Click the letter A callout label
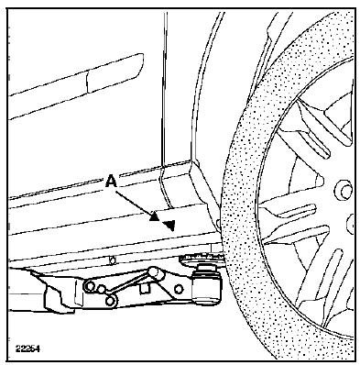(x=111, y=182)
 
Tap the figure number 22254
(x=27, y=348)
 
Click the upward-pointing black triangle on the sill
(x=155, y=216)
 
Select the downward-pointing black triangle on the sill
(x=169, y=226)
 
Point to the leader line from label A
(x=133, y=203)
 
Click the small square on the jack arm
(x=145, y=288)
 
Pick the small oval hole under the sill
(x=113, y=260)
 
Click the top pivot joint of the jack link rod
(x=156, y=272)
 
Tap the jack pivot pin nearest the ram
(x=179, y=289)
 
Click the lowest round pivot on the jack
(x=110, y=301)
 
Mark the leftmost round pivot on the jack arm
(x=90, y=286)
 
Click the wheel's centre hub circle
(x=345, y=192)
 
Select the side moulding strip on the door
(x=76, y=86)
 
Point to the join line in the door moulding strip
(x=87, y=83)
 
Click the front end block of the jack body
(x=58, y=293)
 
